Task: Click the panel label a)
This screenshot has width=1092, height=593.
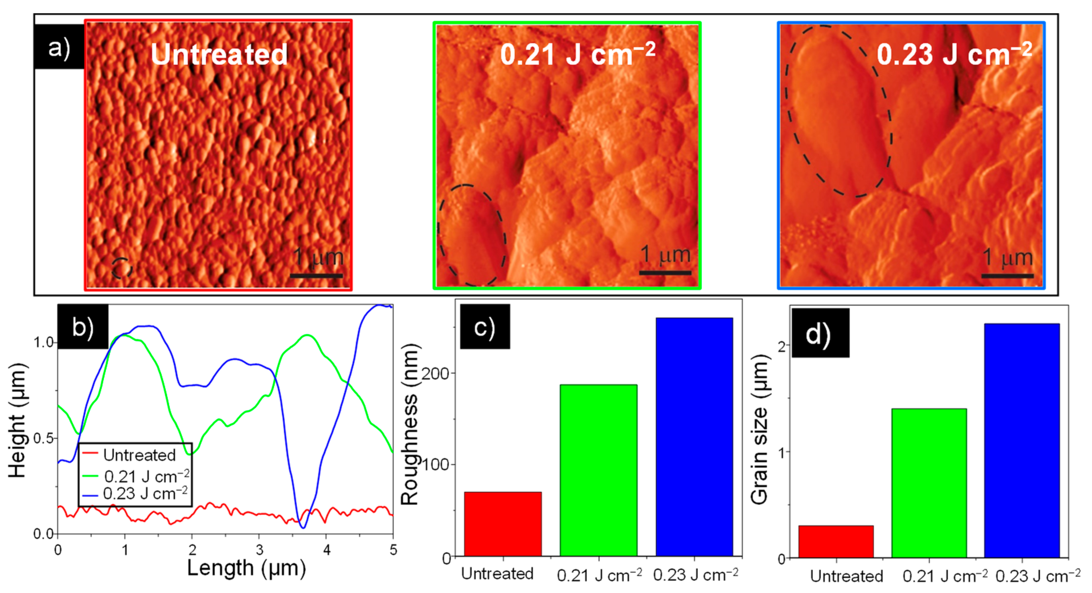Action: click(58, 47)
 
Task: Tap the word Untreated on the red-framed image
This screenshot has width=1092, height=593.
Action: click(219, 54)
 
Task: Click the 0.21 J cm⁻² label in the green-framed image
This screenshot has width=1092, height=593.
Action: click(577, 54)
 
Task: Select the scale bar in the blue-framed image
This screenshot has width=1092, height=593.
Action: click(1007, 276)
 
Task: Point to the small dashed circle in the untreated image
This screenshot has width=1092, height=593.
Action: click(122, 268)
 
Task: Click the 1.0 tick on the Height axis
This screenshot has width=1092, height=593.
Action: click(43, 342)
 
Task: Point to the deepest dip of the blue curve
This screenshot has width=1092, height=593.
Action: click(303, 527)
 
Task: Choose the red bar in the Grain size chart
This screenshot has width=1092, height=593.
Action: click(835, 541)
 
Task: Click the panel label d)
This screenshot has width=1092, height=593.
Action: click(819, 333)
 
